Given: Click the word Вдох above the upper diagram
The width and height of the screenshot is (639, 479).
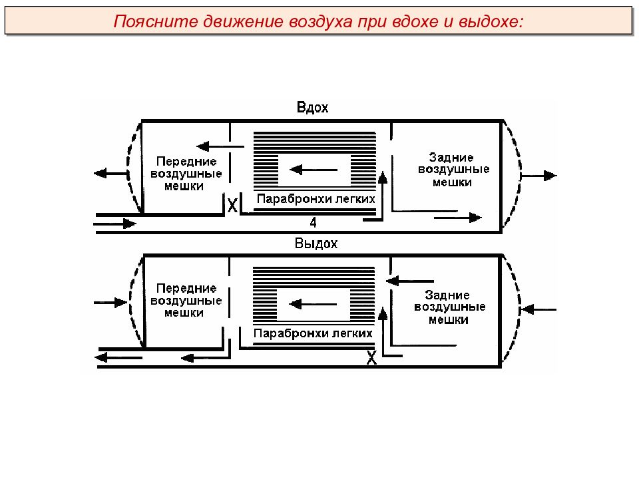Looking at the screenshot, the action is tap(313, 108).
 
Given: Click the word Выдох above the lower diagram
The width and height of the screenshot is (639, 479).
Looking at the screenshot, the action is tap(316, 243).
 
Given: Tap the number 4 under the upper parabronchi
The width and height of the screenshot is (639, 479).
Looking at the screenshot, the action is tap(313, 222).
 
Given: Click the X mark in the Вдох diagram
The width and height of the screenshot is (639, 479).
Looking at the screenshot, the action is tap(232, 206).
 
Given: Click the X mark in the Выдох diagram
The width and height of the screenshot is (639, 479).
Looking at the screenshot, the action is tap(371, 358).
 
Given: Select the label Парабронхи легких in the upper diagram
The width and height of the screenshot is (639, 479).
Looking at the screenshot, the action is tap(316, 199).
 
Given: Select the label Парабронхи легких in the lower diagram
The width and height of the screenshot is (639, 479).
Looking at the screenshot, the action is tap(313, 333).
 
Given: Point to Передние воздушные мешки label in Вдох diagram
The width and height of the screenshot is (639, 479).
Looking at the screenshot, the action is tap(186, 174).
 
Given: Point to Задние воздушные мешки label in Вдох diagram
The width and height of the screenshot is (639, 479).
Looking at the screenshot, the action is tap(453, 170).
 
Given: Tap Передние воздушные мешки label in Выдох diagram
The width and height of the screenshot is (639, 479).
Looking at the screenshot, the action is tap(186, 301).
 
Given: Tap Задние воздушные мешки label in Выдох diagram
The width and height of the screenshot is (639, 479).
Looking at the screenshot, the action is tap(449, 307).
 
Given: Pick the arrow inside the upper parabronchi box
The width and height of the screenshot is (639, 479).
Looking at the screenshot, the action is tap(314, 170).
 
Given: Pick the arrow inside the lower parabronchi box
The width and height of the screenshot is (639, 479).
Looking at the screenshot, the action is tap(313, 304).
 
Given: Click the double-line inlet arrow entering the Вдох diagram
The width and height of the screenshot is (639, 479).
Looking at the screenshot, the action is tap(115, 224).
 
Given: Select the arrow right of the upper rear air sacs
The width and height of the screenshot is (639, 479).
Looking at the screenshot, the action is tap(538, 176).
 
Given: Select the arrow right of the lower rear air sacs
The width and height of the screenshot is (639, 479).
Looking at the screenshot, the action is tap(538, 309).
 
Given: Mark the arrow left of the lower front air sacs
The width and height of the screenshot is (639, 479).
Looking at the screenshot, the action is tap(110, 303).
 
